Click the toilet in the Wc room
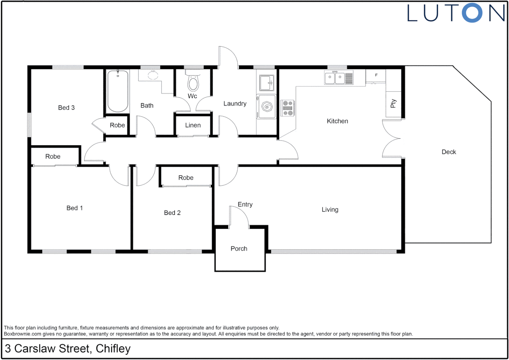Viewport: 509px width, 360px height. pos(193,82)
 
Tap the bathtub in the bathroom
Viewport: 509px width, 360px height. pos(118,91)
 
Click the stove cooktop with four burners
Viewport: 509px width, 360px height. pos(287,108)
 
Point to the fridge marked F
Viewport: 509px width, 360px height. pos(376,76)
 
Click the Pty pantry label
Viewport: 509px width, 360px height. pos(393,103)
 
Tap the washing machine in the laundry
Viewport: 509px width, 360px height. pos(266,107)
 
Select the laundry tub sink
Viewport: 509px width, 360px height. pos(266,82)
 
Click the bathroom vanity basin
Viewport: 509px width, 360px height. pos(153,75)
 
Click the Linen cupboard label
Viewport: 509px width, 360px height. pos(193,125)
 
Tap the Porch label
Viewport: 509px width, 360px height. pos(239,249)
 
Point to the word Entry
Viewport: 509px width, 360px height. pos(245,204)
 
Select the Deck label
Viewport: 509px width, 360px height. pos(449,152)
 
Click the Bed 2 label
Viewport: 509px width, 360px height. pos(172,213)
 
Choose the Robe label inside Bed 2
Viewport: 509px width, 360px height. pos(186,178)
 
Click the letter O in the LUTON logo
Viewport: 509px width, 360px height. pos(472,13)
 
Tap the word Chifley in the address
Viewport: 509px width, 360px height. pos(113,349)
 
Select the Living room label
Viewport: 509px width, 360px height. pos(330,210)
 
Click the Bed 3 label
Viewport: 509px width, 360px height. pos(66,108)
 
